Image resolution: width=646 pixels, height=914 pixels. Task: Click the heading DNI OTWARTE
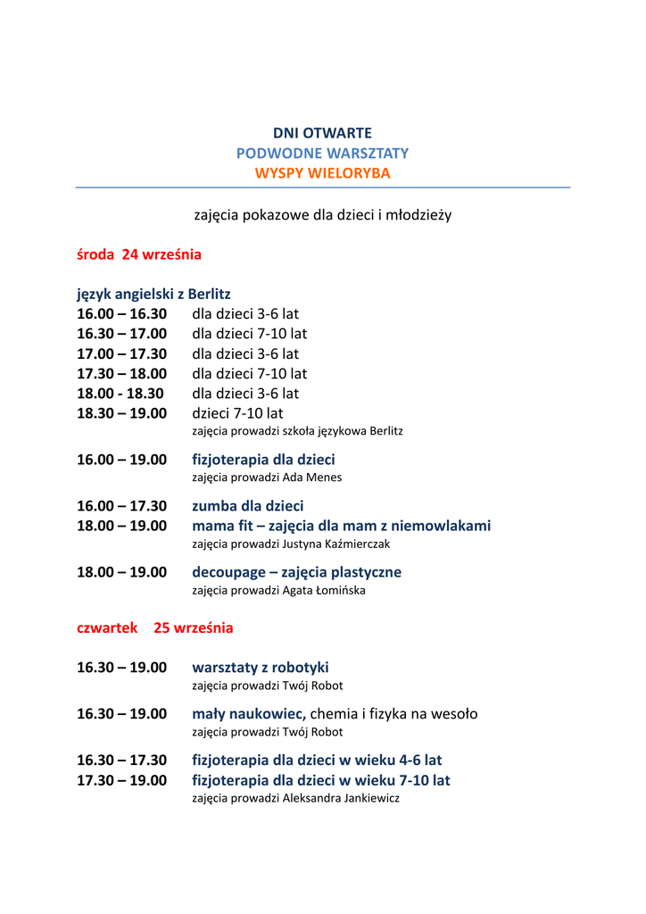(x=322, y=133)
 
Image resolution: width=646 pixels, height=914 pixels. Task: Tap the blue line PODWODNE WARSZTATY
(x=322, y=153)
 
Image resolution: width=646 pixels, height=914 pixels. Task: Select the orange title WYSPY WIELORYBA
(x=322, y=173)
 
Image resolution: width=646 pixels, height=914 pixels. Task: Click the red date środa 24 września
(x=139, y=254)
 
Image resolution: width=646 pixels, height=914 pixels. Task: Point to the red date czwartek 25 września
(x=155, y=627)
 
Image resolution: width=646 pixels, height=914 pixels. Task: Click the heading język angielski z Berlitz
(x=153, y=294)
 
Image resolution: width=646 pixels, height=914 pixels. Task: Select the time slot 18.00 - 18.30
(x=120, y=394)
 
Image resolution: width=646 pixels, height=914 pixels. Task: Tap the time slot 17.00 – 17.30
(x=121, y=353)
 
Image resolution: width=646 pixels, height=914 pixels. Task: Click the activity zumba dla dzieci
(x=248, y=506)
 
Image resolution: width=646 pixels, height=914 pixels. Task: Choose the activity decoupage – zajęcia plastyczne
(x=296, y=572)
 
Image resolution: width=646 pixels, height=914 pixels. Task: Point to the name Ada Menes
(x=312, y=478)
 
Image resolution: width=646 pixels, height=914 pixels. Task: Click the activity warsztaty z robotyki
(x=261, y=668)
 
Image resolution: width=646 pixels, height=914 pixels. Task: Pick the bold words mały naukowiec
(x=249, y=714)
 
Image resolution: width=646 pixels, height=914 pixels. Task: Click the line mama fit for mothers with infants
(x=341, y=526)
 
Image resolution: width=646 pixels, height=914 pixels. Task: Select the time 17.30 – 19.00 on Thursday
(x=121, y=780)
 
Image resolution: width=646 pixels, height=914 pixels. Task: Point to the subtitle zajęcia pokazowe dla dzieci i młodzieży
(x=322, y=215)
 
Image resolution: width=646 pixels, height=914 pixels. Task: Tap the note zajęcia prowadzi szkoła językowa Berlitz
(x=297, y=431)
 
